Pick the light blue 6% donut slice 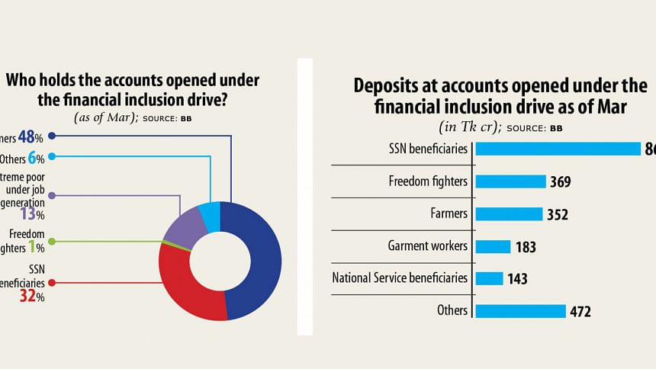click(210, 215)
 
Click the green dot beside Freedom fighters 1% click(51, 242)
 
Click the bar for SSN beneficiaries click(558, 149)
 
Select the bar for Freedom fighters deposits click(511, 181)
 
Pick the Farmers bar click(509, 214)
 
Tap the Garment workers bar click(494, 246)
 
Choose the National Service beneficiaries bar click(490, 278)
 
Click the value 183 click(525, 247)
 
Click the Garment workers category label click(427, 245)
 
